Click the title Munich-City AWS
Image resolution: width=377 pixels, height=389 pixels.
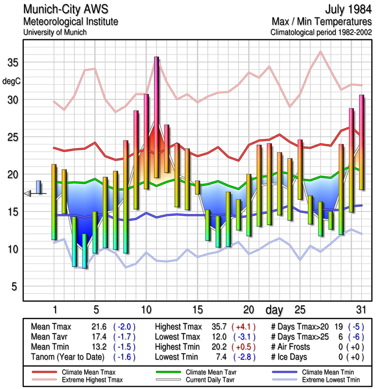tap(66, 10)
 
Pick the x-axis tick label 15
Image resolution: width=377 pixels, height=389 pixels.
tap(197, 310)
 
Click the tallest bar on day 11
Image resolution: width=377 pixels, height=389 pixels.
tap(157, 117)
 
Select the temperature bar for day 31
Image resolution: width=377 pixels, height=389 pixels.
tap(361, 142)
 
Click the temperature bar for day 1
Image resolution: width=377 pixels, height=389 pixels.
tap(54, 202)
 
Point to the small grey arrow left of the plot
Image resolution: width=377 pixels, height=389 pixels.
tap(27, 194)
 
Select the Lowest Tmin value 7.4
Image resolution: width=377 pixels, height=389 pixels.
tap(218, 356)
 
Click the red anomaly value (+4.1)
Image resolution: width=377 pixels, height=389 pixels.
tap(243, 327)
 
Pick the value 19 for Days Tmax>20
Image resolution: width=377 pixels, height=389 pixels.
tap(338, 327)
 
